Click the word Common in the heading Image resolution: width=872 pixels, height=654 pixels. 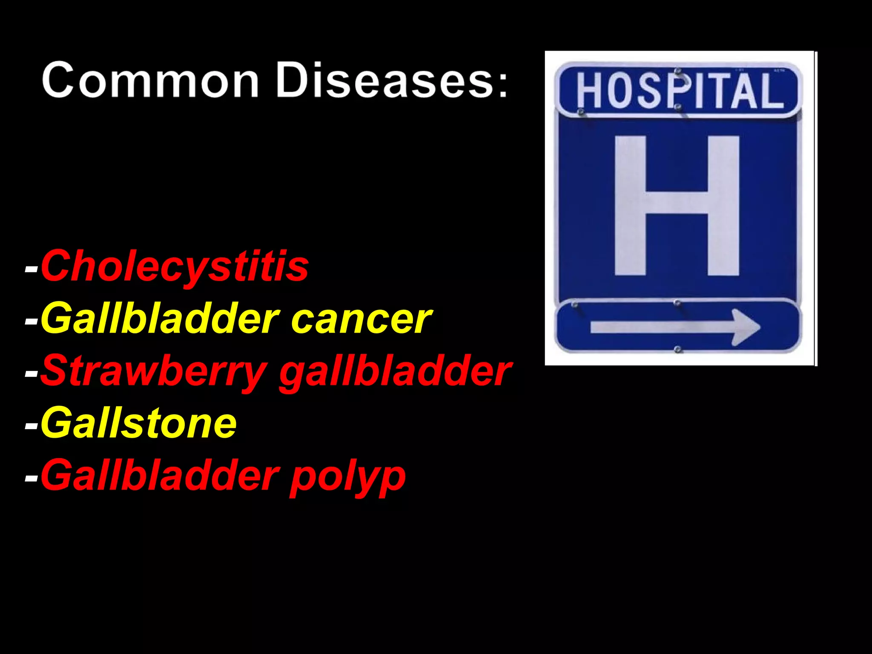[x=150, y=80]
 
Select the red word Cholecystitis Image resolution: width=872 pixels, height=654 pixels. [x=175, y=267]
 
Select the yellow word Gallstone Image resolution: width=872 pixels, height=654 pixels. [x=138, y=423]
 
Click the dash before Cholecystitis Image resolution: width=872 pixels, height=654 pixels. [x=32, y=269]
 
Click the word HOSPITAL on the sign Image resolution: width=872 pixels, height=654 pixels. [x=680, y=90]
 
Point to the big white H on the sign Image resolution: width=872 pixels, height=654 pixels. [x=677, y=205]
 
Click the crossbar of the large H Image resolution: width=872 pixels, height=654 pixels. [x=677, y=202]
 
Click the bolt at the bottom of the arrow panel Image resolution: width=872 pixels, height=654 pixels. [x=677, y=350]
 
